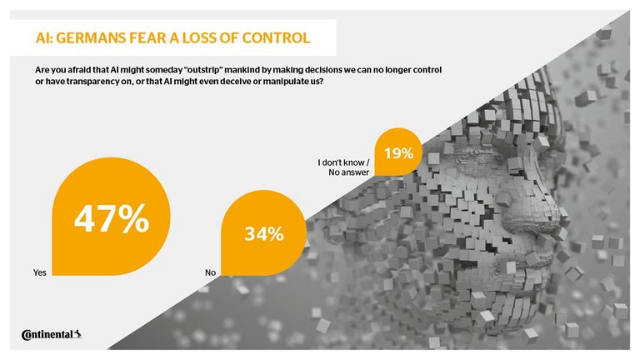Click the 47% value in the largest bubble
click(x=111, y=219)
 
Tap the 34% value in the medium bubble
click(x=262, y=235)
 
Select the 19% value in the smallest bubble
click(x=398, y=153)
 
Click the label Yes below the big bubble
click(x=38, y=272)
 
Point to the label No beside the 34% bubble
click(x=210, y=272)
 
